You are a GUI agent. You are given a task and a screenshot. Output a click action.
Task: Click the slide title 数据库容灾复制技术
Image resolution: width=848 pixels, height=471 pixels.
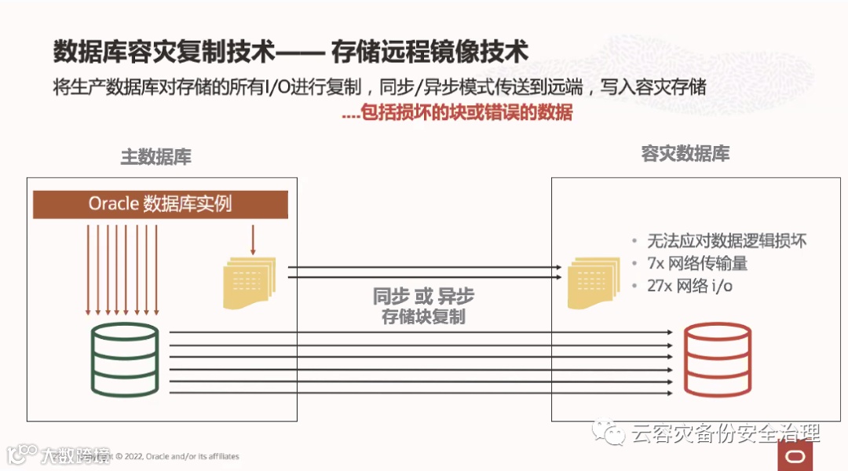(164, 52)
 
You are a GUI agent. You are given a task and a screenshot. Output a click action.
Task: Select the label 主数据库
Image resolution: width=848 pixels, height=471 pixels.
(155, 157)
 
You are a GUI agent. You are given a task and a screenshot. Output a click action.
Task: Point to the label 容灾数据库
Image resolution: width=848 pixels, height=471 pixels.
(685, 154)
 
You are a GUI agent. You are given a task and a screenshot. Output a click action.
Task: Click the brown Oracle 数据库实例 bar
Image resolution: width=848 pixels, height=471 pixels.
(160, 204)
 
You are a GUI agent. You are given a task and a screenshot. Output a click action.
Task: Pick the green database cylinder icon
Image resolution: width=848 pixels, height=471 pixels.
(125, 359)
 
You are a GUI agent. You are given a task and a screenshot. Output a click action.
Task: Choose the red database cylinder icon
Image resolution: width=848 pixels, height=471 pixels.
(717, 359)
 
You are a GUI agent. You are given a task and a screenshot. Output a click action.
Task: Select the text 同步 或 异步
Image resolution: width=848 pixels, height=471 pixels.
(423, 297)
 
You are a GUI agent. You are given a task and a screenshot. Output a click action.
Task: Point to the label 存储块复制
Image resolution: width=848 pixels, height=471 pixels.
(423, 316)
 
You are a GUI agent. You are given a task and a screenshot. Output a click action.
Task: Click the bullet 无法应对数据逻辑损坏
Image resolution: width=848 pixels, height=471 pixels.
(726, 241)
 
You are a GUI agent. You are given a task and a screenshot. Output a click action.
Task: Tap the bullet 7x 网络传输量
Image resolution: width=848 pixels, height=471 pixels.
(696, 264)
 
